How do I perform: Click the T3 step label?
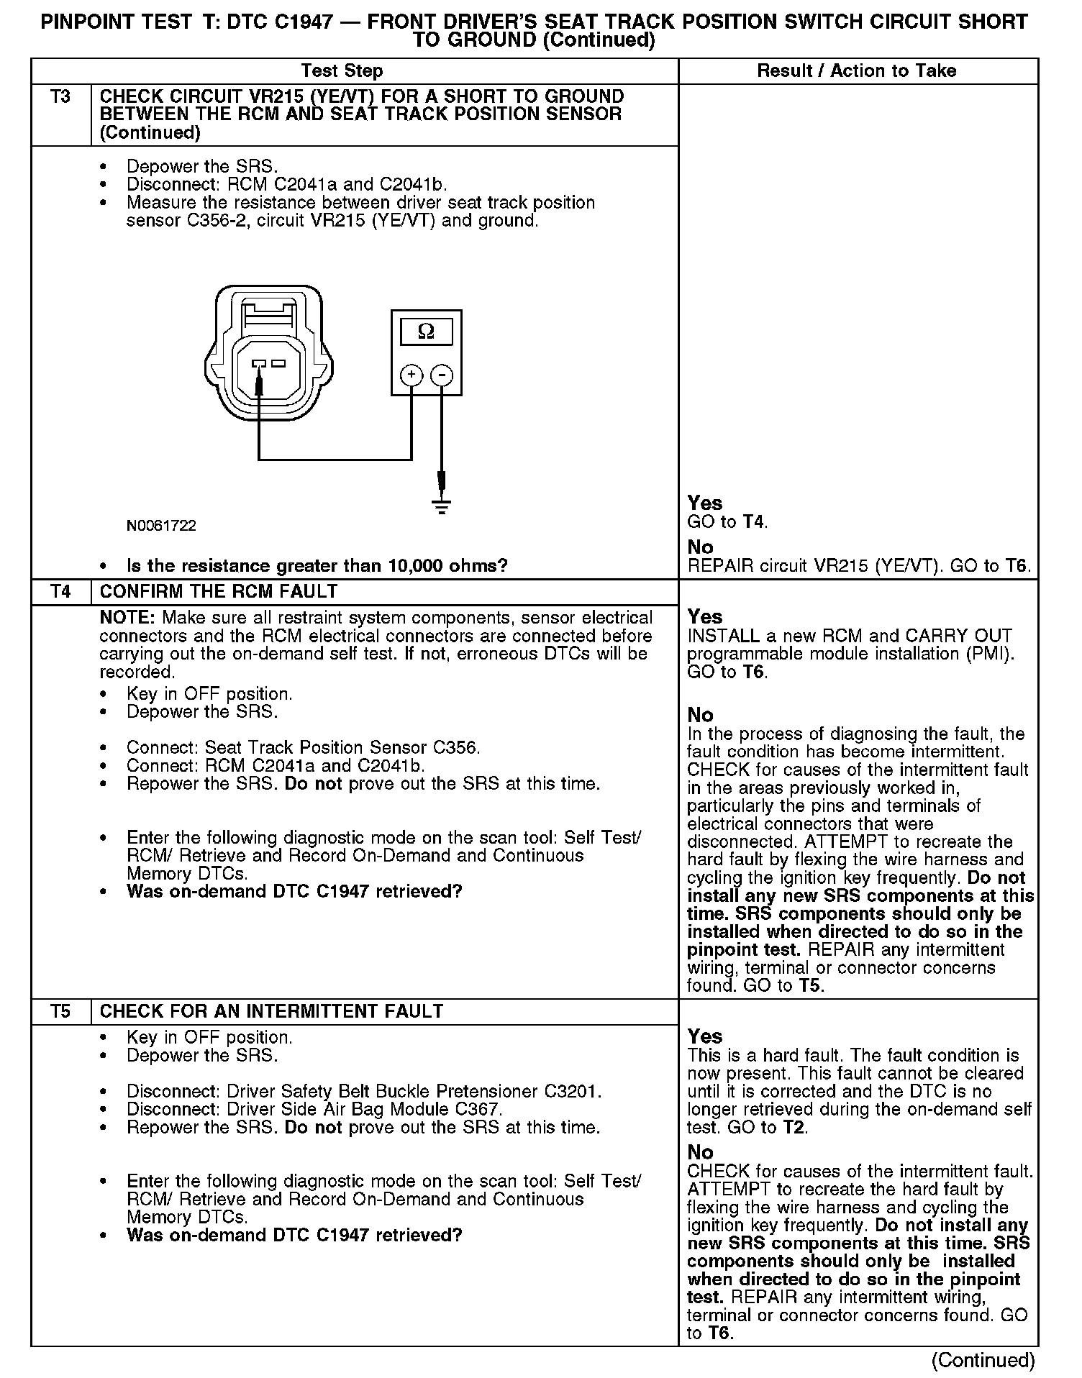pos(60,96)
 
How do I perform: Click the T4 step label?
pos(60,591)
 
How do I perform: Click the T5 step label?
pos(60,1011)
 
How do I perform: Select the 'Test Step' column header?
pos(342,70)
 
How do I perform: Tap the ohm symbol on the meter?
pos(426,332)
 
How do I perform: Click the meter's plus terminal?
pos(411,375)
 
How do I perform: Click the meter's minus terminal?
pos(442,375)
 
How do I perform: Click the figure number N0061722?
pos(161,526)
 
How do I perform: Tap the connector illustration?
pos(269,352)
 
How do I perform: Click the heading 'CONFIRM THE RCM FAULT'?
pos(219,591)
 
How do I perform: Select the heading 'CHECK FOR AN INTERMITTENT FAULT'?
pos(271,1011)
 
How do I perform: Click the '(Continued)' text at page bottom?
pos(983,1360)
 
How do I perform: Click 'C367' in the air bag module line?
pos(478,1109)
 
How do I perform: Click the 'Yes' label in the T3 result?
pos(704,502)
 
